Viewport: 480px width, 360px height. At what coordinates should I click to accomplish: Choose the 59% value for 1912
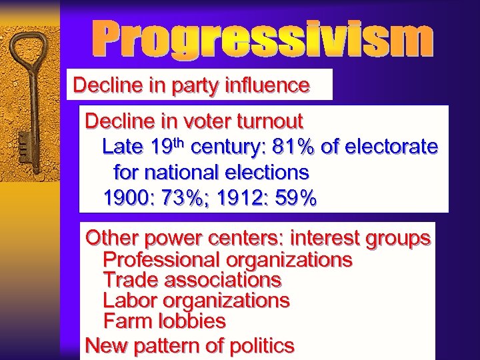pyautogui.click(x=292, y=198)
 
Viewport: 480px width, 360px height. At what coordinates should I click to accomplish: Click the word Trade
pyautogui.click(x=131, y=279)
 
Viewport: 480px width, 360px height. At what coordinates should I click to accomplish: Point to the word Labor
pyautogui.click(x=129, y=301)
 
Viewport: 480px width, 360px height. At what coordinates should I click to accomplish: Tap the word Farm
pyautogui.click(x=127, y=321)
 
